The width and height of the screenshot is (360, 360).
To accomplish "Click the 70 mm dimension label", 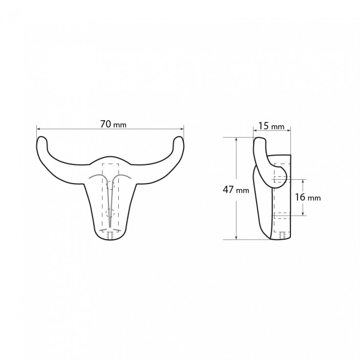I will pyautogui.click(x=113, y=124).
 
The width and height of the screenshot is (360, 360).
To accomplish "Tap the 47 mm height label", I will pyautogui.click(x=236, y=189).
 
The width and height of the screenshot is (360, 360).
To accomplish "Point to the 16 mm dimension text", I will pyautogui.click(x=307, y=197).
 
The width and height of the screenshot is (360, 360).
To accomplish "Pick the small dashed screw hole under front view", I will pyautogui.click(x=111, y=236).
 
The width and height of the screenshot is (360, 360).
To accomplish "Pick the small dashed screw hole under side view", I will pyautogui.click(x=283, y=236).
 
